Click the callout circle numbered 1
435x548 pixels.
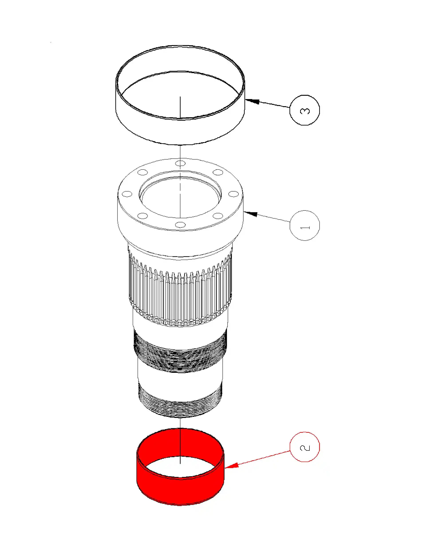(304, 225)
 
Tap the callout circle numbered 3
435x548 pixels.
(304, 110)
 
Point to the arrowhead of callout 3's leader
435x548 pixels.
(252, 102)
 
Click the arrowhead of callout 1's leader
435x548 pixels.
(250, 214)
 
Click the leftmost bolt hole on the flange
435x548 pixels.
(127, 194)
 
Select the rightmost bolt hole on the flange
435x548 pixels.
(234, 194)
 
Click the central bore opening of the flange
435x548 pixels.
(180, 197)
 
